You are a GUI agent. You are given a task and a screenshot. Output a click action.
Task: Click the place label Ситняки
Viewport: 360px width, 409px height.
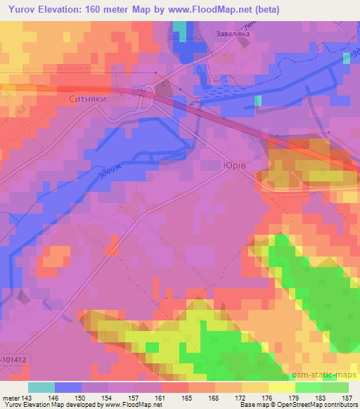click(87, 100)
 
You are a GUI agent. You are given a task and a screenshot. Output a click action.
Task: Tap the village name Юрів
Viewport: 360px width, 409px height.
click(233, 164)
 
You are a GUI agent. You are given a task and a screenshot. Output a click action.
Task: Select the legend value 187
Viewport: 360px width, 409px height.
click(347, 397)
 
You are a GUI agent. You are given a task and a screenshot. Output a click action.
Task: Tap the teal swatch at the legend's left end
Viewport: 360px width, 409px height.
click(41, 387)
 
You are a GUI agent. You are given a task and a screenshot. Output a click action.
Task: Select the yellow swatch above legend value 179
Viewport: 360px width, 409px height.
click(282, 387)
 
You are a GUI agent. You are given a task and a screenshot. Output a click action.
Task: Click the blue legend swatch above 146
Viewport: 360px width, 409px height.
click(68, 387)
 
